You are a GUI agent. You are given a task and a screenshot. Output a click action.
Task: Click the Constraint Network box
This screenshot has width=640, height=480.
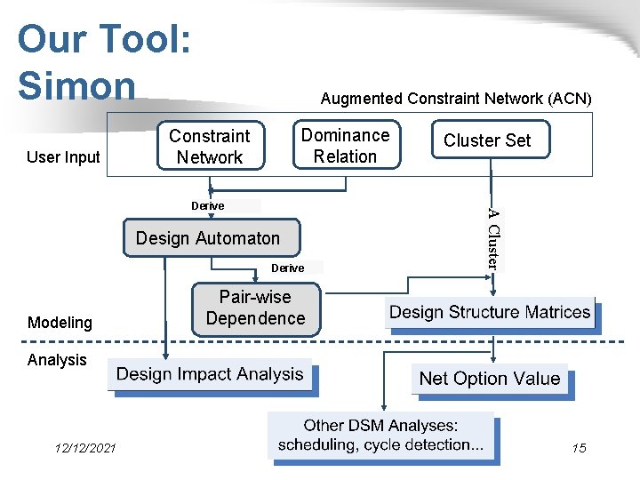(x=210, y=147)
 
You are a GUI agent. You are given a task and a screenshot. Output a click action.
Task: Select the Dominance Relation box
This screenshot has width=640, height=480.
(x=346, y=146)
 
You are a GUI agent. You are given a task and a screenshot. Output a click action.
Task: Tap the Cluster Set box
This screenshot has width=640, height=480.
(x=487, y=140)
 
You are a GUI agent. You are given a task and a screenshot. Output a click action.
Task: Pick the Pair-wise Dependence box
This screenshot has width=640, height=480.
(x=255, y=308)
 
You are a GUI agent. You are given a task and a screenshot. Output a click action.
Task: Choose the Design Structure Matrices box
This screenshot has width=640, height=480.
(x=490, y=312)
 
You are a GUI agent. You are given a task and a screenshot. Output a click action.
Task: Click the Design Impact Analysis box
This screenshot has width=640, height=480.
(x=210, y=374)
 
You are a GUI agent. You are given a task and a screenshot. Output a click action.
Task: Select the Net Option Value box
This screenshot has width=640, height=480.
(x=489, y=379)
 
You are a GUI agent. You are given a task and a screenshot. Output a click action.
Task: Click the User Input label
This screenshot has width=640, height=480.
(x=63, y=157)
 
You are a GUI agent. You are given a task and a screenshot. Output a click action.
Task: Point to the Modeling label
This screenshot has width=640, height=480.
(x=60, y=323)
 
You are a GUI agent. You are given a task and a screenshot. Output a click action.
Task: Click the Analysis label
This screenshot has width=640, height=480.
(x=57, y=360)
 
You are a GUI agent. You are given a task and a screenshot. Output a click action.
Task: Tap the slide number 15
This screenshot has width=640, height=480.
(x=579, y=448)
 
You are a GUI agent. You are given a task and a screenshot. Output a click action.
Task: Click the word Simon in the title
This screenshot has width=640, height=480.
(x=76, y=85)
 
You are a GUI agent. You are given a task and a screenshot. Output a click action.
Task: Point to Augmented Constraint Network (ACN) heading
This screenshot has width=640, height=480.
(x=456, y=98)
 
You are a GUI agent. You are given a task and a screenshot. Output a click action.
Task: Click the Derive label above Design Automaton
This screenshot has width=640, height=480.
(x=207, y=205)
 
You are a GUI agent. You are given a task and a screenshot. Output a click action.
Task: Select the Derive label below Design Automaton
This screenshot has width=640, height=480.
(x=287, y=268)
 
